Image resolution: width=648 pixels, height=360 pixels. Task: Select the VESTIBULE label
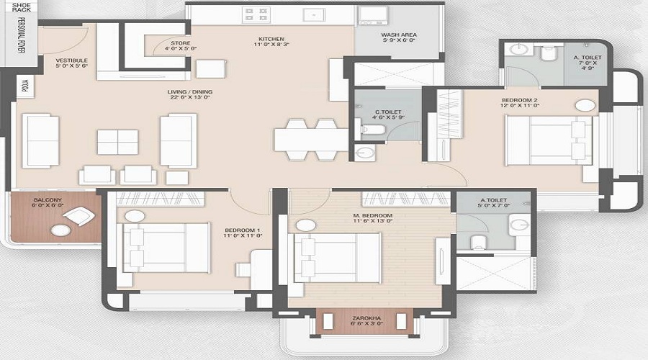pyautogui.click(x=72, y=60)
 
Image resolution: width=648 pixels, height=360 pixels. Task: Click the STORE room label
pyautogui.click(x=181, y=43)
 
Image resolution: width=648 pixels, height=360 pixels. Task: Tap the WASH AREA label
pyautogui.click(x=397, y=35)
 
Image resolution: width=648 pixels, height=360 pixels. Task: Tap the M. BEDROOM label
pyautogui.click(x=373, y=216)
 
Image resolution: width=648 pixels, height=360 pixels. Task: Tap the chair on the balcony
pyautogui.click(x=81, y=215)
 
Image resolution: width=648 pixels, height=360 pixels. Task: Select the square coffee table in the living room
pyautogui.click(x=117, y=142)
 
